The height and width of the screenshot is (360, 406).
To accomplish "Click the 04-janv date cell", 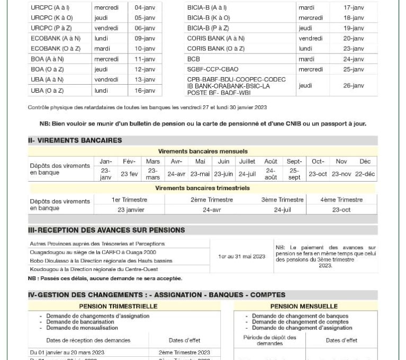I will pos(145,8).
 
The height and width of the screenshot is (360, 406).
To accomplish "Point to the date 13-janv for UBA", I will pos(145,79).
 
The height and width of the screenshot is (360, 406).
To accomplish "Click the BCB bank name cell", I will pos(194,59).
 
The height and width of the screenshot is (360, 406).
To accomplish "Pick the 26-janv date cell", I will pos(354,85).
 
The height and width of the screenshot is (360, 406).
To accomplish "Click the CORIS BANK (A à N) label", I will pos(216,38).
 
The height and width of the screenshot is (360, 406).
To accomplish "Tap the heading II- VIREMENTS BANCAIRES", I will pos(75,140).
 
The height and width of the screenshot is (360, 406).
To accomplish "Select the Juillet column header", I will pos(247,161).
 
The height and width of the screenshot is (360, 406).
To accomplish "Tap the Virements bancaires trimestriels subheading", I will pos(202,188).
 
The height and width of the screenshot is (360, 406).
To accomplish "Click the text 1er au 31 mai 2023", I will pos(241,256).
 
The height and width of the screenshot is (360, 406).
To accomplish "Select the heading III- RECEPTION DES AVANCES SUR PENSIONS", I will pos(106,230).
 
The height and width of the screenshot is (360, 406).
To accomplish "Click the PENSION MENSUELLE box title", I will pos(304,306).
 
